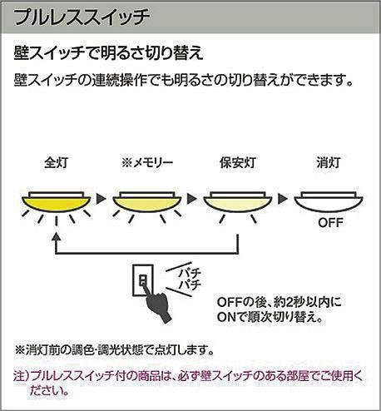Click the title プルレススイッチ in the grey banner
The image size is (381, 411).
(x=82, y=17)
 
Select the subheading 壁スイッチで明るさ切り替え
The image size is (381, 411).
(x=109, y=53)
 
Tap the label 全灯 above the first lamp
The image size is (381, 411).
(x=56, y=162)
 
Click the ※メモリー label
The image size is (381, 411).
(x=147, y=162)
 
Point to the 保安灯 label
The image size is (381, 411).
(x=238, y=162)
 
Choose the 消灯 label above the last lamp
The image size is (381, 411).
(x=329, y=162)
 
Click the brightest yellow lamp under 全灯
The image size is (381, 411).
(x=57, y=202)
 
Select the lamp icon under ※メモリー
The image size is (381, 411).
(x=147, y=202)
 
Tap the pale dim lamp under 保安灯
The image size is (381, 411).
(x=238, y=202)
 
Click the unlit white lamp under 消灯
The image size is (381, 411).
(x=329, y=202)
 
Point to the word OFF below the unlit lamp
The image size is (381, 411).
(x=330, y=222)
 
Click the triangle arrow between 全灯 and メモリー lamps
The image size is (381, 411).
(x=101, y=199)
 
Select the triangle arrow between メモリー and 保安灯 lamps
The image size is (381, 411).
(x=191, y=199)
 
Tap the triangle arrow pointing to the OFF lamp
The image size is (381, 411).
(x=282, y=199)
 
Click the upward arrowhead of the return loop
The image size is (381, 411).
(x=56, y=237)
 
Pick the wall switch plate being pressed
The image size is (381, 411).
(x=143, y=280)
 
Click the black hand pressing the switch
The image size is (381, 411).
(x=156, y=305)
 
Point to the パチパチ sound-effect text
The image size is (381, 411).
(x=190, y=280)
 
